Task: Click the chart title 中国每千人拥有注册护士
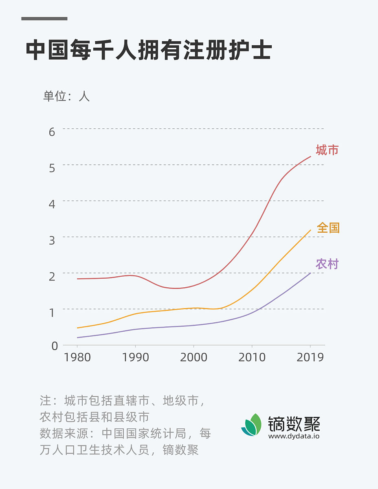tap(149, 51)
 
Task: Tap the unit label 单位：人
tap(66, 96)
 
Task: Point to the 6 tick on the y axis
tap(52, 132)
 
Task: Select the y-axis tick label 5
tap(52, 168)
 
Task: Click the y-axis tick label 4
tap(52, 204)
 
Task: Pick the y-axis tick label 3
tap(52, 240)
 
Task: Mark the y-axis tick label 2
tap(52, 276)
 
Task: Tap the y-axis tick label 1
tap(52, 313)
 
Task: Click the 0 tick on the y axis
tap(55, 346)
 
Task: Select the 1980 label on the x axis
tap(77, 357)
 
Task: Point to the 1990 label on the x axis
tap(135, 357)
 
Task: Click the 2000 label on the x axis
tap(193, 357)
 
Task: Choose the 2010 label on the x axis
tap(252, 357)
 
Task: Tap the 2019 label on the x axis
tap(310, 357)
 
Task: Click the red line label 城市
tap(327, 150)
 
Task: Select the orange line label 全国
tap(328, 228)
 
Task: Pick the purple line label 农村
tap(327, 264)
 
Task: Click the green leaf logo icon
tap(251, 425)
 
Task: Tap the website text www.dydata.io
tap(293, 436)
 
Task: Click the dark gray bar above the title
tap(44, 18)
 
